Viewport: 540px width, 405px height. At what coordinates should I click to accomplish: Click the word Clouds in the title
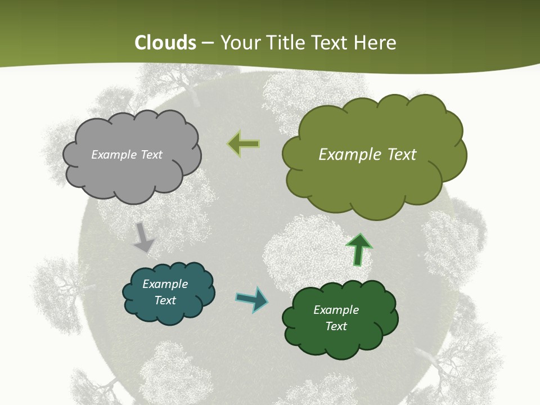pyautogui.click(x=165, y=43)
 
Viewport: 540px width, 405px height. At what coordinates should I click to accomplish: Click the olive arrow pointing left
pyautogui.click(x=243, y=144)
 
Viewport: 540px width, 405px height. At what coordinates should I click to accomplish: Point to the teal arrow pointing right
pyautogui.click(x=251, y=299)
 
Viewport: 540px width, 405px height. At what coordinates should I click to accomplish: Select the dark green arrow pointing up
pyautogui.click(x=359, y=250)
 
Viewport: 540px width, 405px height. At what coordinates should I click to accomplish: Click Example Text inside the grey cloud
pyautogui.click(x=127, y=155)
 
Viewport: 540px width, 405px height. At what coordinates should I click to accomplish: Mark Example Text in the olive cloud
pyautogui.click(x=367, y=155)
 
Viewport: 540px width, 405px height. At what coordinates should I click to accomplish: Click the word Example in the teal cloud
pyautogui.click(x=165, y=284)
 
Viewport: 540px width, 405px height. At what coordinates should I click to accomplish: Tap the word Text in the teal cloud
pyautogui.click(x=165, y=300)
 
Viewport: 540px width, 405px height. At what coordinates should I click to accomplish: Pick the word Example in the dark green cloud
pyautogui.click(x=336, y=310)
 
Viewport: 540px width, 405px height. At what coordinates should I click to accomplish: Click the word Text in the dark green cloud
pyautogui.click(x=336, y=326)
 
